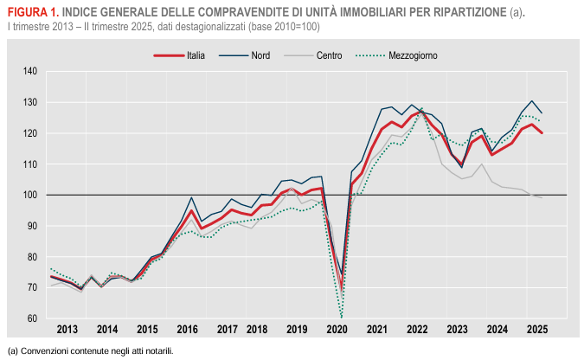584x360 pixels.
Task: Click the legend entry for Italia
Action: point(195,55)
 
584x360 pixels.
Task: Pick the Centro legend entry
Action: point(329,55)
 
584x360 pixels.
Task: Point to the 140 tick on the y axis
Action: point(31,71)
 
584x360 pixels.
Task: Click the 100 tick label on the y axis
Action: point(31,195)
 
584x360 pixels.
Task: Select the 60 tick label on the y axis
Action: point(33,318)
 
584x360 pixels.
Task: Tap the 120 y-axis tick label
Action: point(31,133)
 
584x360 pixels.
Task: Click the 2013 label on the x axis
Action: point(67,330)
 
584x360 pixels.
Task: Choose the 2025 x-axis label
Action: point(536,330)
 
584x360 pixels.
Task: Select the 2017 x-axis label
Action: point(228,330)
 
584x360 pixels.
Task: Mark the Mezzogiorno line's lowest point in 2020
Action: point(342,318)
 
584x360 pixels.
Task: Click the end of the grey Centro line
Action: point(542,198)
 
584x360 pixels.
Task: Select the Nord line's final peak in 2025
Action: point(531,100)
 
